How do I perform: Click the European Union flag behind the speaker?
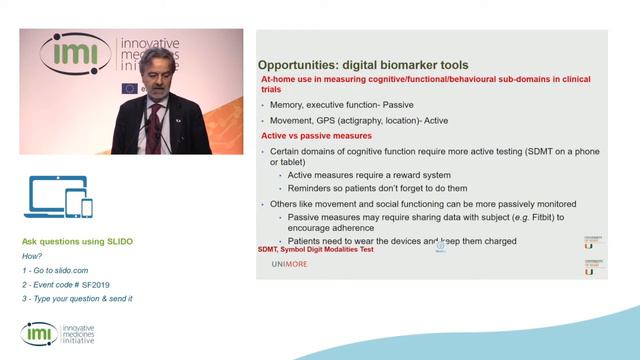(x=130, y=88)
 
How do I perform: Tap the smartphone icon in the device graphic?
(x=87, y=207)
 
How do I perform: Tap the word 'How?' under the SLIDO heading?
(x=33, y=256)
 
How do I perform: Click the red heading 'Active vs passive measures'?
(x=316, y=135)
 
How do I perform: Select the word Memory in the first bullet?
(x=291, y=104)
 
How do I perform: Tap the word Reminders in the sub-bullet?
(x=312, y=188)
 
